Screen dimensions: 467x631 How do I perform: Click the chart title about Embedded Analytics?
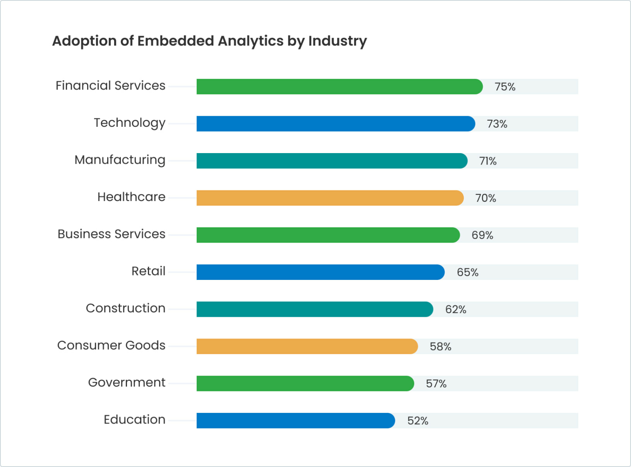pos(209,41)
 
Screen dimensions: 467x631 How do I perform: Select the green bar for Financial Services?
pos(339,87)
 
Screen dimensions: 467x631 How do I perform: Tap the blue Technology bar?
pos(336,124)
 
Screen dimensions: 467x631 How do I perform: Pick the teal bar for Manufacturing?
pos(332,161)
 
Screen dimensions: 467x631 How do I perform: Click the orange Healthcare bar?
pos(330,198)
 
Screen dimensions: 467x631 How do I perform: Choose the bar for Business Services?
pos(328,235)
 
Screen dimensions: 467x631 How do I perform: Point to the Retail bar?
pos(320,272)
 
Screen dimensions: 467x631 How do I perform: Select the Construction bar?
pos(315,309)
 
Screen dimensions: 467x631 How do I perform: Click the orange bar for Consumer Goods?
pos(307,346)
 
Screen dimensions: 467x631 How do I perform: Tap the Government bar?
pos(305,383)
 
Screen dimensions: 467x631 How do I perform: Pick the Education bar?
pos(296,421)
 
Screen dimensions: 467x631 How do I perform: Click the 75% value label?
pos(505,87)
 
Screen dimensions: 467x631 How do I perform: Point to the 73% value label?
pos(497,124)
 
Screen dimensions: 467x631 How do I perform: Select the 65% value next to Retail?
pos(467,272)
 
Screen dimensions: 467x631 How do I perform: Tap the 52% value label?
pos(418,421)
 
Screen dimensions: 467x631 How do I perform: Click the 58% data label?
pos(440,347)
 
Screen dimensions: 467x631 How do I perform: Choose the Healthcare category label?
pos(131,197)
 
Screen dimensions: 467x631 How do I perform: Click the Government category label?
pos(127,382)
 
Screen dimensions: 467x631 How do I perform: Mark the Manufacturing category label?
pos(120,160)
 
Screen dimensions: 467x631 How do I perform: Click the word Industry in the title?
pos(337,41)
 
